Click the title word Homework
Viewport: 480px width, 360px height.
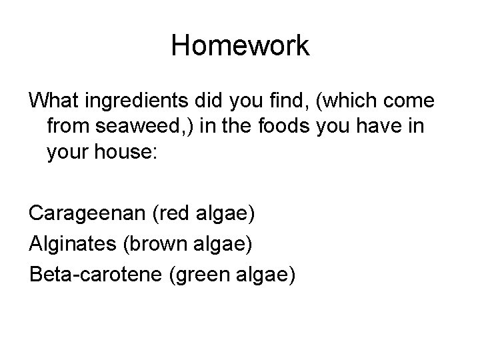240,46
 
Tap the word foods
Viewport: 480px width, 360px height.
302,125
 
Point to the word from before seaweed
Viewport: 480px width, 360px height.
70,125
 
